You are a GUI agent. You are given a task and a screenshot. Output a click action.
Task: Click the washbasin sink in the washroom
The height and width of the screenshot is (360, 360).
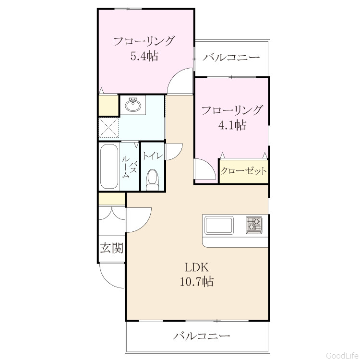click(x=133, y=105)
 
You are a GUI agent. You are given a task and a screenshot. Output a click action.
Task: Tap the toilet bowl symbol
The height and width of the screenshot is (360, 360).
click(x=153, y=180)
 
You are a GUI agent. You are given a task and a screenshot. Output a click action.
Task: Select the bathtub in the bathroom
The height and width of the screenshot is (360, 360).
click(x=109, y=167)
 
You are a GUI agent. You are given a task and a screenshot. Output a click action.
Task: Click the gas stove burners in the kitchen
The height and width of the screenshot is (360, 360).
click(x=254, y=225)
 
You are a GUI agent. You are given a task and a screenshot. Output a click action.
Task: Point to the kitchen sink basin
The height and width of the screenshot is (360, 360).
click(x=219, y=225)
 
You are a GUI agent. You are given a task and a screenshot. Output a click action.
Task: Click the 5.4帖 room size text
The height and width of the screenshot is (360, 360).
click(x=144, y=56)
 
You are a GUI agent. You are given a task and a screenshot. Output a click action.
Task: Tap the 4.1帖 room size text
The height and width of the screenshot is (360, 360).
click(x=232, y=125)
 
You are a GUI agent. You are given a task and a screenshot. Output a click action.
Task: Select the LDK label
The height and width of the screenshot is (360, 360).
click(x=196, y=267)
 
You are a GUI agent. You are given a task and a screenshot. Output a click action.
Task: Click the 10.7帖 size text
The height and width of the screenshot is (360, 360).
click(x=196, y=281)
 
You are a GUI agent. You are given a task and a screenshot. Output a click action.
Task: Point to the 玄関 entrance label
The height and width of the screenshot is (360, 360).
click(x=112, y=248)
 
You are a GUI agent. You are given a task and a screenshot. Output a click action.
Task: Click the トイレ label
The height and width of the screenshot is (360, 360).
click(x=153, y=156)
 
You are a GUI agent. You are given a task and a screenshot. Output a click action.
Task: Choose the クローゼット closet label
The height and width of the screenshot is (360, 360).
click(x=244, y=171)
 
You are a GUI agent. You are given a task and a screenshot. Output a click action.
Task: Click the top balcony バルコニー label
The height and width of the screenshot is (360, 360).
click(x=231, y=57)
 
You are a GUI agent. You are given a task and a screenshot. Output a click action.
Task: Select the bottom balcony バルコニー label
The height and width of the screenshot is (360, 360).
click(x=202, y=336)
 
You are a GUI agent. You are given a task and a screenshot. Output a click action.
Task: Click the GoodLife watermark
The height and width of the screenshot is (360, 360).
click(x=343, y=355)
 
